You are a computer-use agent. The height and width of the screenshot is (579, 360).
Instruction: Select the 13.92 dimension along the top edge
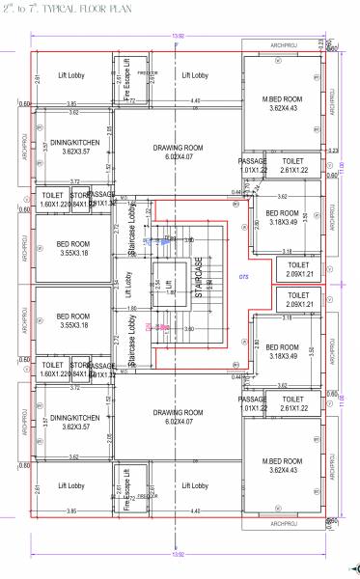point(179,37)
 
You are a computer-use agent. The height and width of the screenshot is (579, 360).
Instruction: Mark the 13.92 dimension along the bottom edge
point(179,554)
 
